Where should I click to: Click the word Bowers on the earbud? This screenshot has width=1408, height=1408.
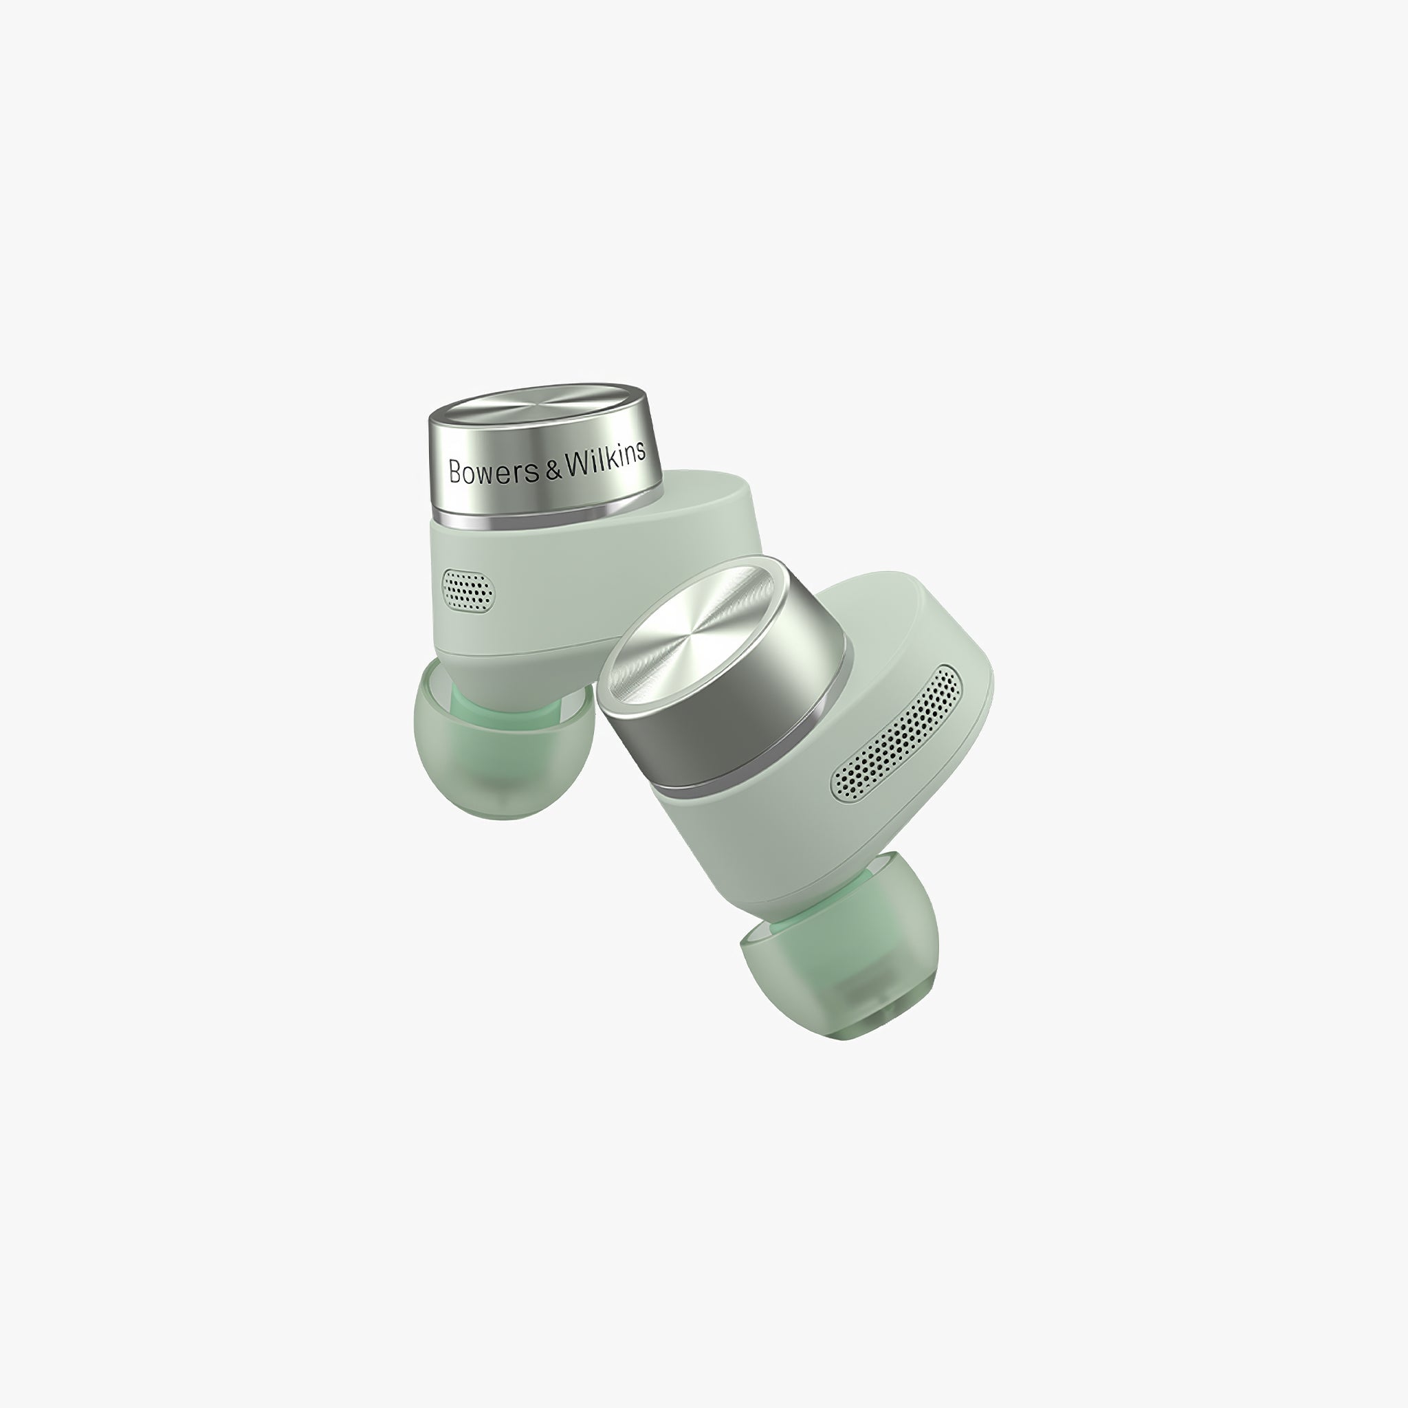[496, 471]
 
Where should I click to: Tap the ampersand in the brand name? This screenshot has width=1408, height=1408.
[555, 468]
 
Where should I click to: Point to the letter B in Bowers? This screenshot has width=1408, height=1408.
[456, 472]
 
